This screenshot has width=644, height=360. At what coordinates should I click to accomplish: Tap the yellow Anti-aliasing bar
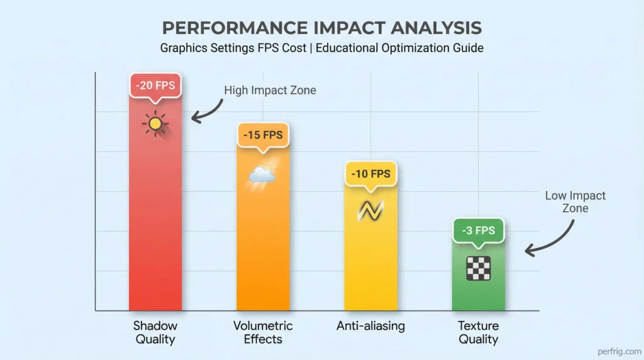pyautogui.click(x=370, y=264)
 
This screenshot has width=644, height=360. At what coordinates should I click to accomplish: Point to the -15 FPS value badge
pyautogui.click(x=262, y=135)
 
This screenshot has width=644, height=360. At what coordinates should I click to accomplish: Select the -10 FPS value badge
pyautogui.click(x=370, y=174)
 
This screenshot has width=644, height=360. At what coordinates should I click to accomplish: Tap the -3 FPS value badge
pyautogui.click(x=479, y=230)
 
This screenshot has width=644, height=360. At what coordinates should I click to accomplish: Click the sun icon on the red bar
pyautogui.click(x=155, y=123)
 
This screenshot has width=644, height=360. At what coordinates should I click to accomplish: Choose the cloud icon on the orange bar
pyautogui.click(x=262, y=172)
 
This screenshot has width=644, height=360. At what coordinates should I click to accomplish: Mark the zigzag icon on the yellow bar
pyautogui.click(x=370, y=211)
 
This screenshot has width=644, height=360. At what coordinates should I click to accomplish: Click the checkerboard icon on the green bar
pyautogui.click(x=479, y=269)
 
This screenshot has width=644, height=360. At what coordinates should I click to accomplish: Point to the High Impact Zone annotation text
pyautogui.click(x=270, y=91)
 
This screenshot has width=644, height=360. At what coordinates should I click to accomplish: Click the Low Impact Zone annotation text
pyautogui.click(x=575, y=202)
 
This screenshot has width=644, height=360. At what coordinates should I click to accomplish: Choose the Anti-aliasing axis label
pyautogui.click(x=370, y=326)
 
